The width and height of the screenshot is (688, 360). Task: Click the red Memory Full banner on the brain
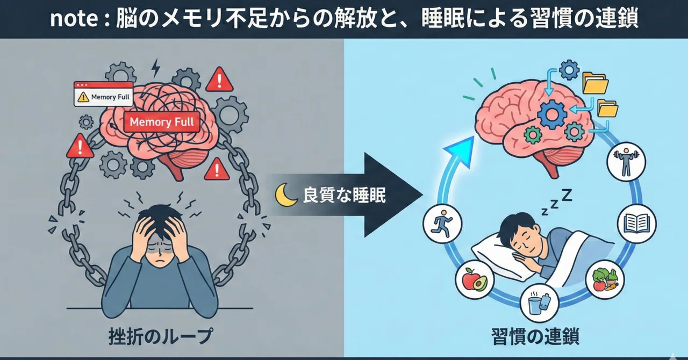click(162, 122)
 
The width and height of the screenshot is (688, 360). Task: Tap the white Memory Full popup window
click(104, 94)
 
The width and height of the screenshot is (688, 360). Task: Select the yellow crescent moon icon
click(285, 195)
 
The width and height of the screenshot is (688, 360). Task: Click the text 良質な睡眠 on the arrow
click(345, 195)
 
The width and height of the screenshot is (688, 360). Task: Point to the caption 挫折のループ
click(161, 336)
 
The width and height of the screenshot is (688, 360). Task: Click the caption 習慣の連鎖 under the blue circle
click(535, 337)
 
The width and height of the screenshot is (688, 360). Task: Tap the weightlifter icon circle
click(626, 162)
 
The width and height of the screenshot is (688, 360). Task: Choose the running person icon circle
click(442, 224)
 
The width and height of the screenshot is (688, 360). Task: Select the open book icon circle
click(637, 224)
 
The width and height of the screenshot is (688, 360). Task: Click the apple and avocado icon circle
click(475, 279)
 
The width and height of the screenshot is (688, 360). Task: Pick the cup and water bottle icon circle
click(539, 303)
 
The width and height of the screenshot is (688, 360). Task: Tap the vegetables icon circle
click(605, 279)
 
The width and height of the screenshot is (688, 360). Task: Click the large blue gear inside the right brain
click(552, 114)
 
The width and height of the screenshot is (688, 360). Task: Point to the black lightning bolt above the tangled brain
click(156, 68)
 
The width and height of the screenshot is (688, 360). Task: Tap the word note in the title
click(74, 18)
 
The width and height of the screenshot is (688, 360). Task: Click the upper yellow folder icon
click(595, 83)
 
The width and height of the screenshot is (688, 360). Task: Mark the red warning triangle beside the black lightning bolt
click(219, 79)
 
